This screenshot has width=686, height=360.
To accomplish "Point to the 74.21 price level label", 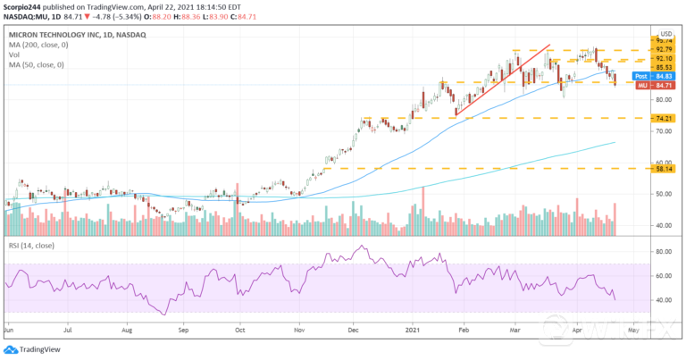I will [x=661, y=118].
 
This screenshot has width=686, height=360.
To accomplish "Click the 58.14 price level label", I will [x=661, y=168].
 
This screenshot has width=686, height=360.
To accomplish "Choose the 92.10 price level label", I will [x=662, y=58].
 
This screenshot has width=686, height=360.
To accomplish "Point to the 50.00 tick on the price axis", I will [x=663, y=194].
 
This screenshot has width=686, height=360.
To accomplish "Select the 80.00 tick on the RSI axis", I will [x=663, y=252].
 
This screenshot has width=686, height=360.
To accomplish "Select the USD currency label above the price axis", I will [x=664, y=32].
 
